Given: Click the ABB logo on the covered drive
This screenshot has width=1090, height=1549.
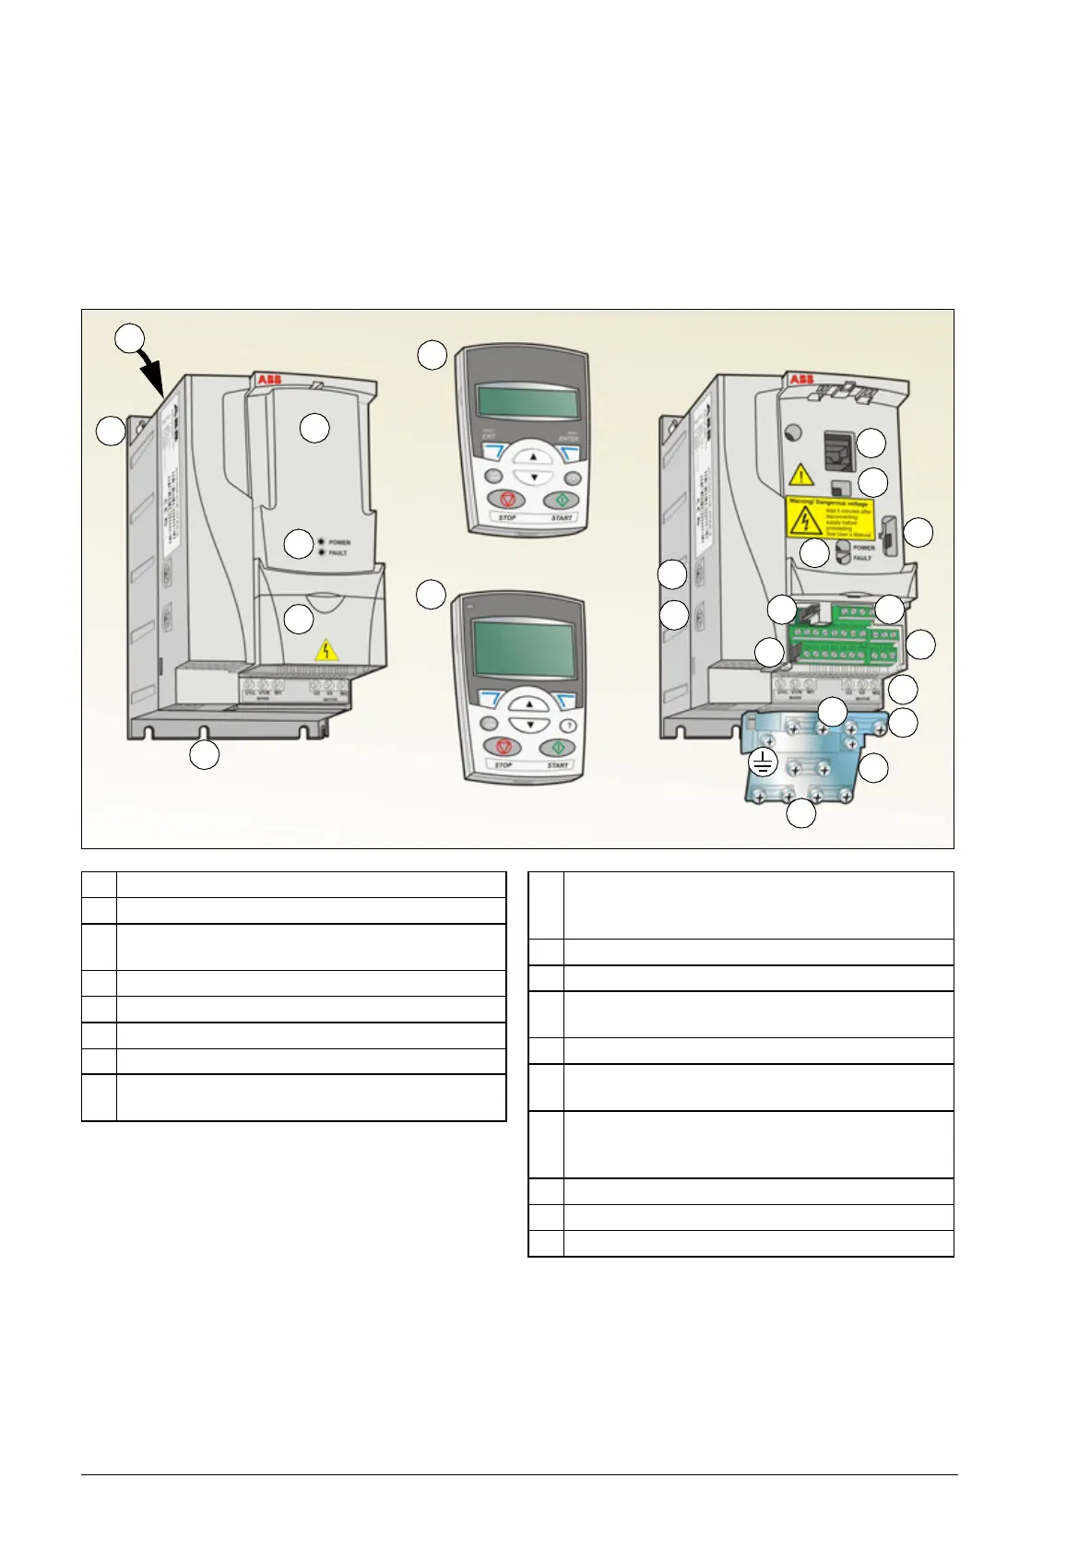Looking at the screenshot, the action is point(269,380).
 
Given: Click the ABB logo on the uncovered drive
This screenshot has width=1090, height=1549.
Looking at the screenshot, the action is point(800,380).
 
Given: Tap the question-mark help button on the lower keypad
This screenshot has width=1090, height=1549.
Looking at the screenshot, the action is point(569,725).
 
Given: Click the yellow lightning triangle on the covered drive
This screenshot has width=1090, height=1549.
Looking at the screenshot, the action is point(326,651).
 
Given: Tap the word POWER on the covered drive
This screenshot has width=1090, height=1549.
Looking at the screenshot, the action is point(339,542).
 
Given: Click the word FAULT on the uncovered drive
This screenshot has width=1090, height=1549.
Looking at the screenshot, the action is point(862,559).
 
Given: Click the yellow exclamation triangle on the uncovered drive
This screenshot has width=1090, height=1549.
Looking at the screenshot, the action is point(800,475).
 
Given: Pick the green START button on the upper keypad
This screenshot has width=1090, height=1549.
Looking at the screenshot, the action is point(560,499).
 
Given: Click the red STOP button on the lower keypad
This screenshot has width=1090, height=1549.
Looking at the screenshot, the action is point(504,748).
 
